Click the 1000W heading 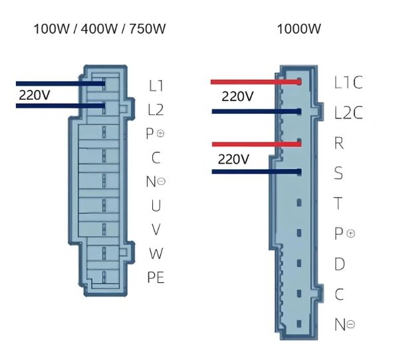(x=299, y=29)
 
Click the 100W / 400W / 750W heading (x=100, y=29)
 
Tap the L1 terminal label (x=156, y=86)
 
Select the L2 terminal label (x=156, y=110)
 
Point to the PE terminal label (x=156, y=277)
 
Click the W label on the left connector (x=156, y=254)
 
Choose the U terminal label (x=156, y=206)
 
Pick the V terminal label (x=156, y=230)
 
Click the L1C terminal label (x=348, y=83)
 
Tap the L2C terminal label (x=348, y=112)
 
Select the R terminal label (x=338, y=143)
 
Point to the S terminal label (x=338, y=173)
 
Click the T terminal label (x=338, y=203)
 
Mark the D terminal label (x=339, y=264)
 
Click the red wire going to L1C (x=256, y=82)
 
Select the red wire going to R (x=257, y=144)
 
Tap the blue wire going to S (x=257, y=172)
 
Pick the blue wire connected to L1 (x=61, y=83)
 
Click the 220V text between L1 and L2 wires (x=34, y=95)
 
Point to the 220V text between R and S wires (x=233, y=160)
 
